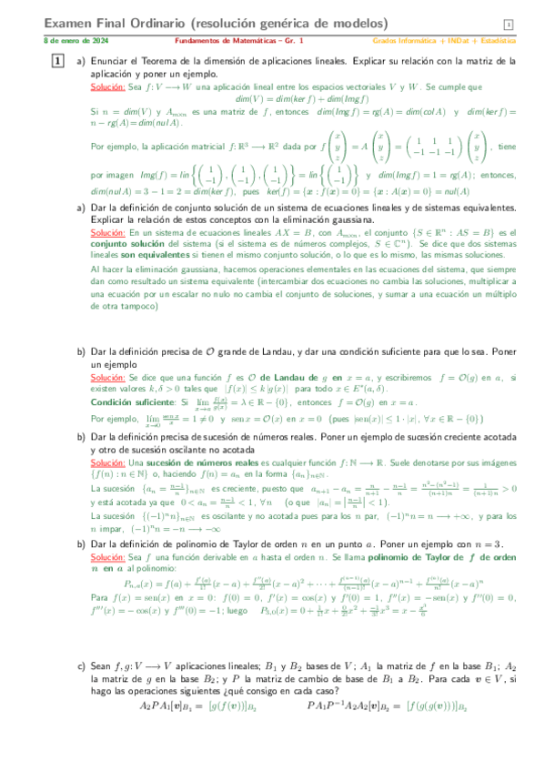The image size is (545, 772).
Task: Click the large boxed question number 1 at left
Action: pyautogui.click(x=57, y=61)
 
